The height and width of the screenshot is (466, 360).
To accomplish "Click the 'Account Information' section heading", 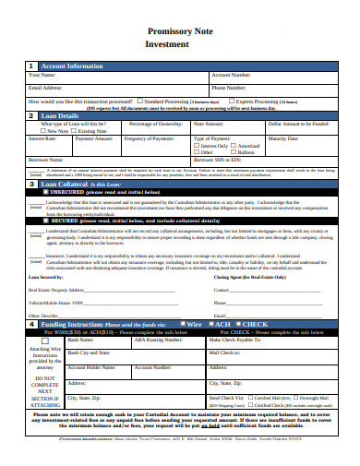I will [x=72, y=66].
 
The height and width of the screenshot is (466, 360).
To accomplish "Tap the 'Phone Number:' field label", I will [x=234, y=88].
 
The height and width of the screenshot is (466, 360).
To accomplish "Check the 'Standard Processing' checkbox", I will [x=140, y=101].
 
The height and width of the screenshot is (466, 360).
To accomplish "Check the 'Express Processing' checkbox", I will [x=232, y=101].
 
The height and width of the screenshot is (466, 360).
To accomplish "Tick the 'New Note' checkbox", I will [x=42, y=131].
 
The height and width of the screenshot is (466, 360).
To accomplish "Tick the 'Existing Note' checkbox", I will [x=78, y=131].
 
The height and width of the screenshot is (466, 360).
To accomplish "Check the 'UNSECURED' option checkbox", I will [x=32, y=192].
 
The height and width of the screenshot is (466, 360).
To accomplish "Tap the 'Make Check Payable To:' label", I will [x=236, y=340].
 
